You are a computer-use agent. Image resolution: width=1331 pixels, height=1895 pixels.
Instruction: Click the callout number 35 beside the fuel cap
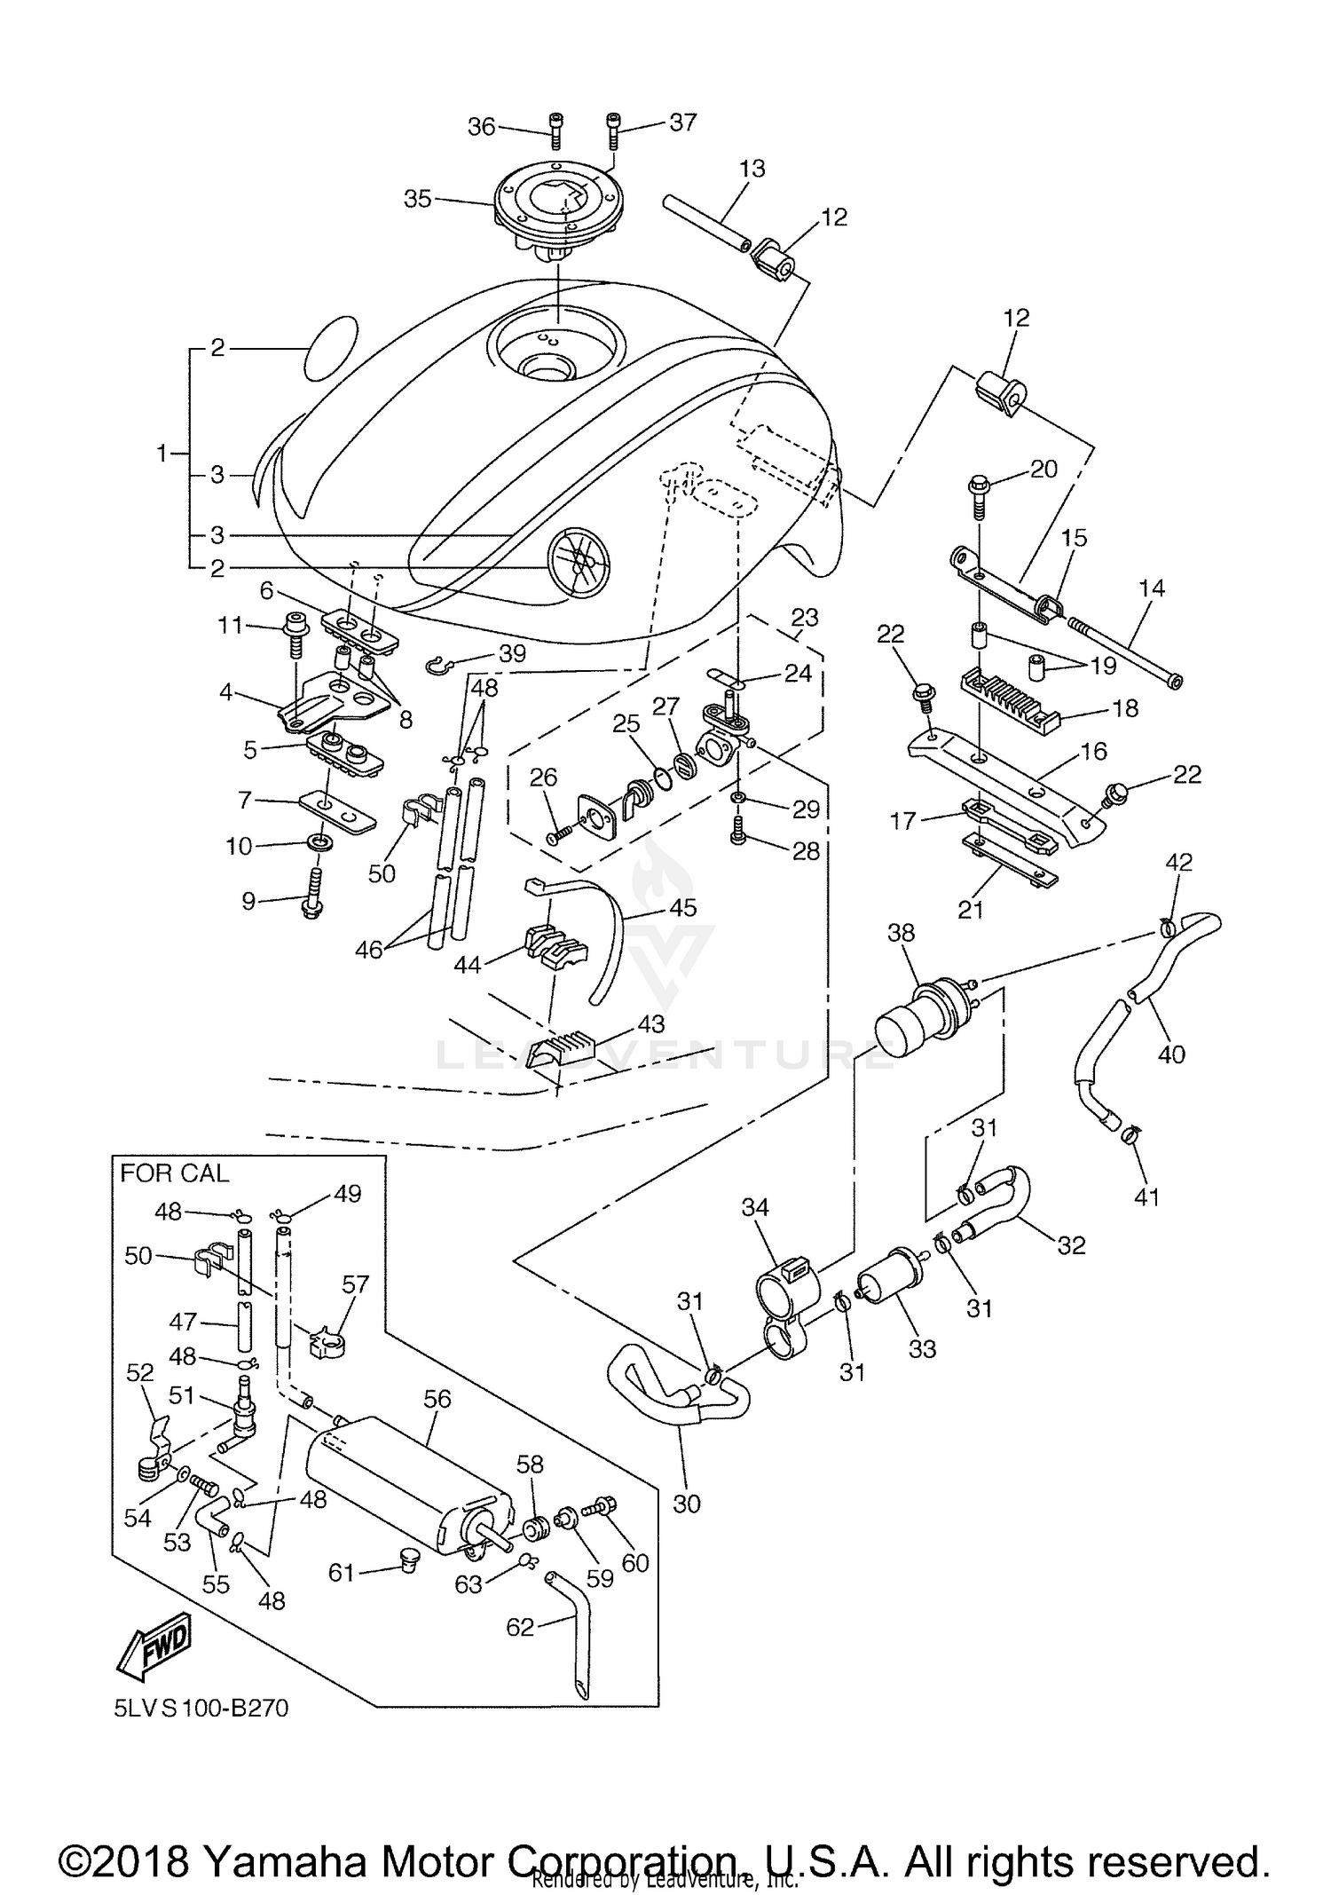pyautogui.click(x=417, y=199)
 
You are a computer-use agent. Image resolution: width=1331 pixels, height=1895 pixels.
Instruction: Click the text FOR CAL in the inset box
pyautogui.click(x=174, y=1173)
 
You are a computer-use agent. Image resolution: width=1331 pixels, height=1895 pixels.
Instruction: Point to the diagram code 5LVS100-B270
pyautogui.click(x=201, y=1708)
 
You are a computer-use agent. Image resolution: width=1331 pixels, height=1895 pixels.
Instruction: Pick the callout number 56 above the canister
pyautogui.click(x=437, y=1399)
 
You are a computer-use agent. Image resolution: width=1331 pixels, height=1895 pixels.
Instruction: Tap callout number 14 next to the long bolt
pyautogui.click(x=1152, y=588)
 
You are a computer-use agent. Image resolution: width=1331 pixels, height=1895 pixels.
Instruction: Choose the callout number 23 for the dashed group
pyautogui.click(x=804, y=617)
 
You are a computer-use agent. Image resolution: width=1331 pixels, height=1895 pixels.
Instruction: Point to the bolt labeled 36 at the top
pyautogui.click(x=555, y=131)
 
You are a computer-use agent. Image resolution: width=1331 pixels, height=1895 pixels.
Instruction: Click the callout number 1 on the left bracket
pyautogui.click(x=161, y=454)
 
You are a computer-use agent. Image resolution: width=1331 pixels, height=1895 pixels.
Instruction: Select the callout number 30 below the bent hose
pyautogui.click(x=687, y=1503)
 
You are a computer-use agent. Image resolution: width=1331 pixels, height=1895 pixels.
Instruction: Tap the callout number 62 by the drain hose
pyautogui.click(x=520, y=1627)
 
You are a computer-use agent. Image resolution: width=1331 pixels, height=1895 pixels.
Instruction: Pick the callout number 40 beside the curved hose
pyautogui.click(x=1171, y=1054)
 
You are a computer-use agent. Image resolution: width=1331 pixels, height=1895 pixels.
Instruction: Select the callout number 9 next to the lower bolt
pyautogui.click(x=248, y=902)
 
